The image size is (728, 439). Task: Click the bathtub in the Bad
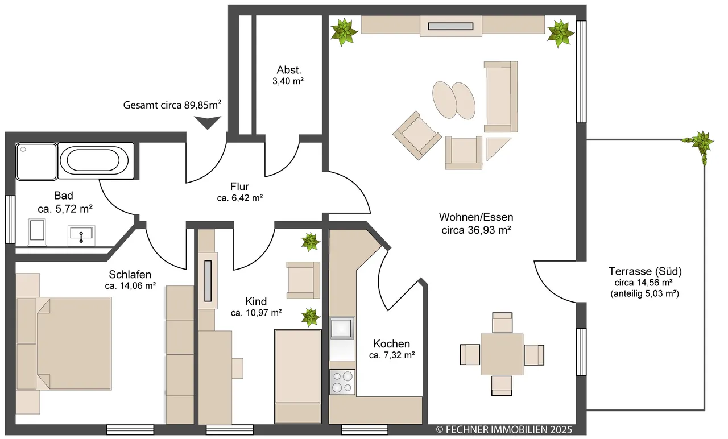pos(96,160)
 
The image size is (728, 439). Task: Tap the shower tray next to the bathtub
pos(36,161)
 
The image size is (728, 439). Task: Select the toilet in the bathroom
pos(37,232)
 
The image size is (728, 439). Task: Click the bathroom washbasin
pos(81,235)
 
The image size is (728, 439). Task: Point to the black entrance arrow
pos(208,123)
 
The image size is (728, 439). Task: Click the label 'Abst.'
pos(289,70)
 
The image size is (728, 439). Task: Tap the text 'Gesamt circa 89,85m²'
pos(172,105)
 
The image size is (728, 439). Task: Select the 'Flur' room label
pos(239,187)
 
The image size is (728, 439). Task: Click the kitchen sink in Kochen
pos(342,328)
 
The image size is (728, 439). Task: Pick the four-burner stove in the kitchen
pos(342,382)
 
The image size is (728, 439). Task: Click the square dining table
pos(502,354)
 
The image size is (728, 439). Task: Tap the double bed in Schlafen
pos(64,343)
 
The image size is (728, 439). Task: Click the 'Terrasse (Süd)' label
pos(645,271)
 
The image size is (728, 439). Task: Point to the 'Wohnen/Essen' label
pos(476,217)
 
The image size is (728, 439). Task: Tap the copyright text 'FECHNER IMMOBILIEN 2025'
pos(508,429)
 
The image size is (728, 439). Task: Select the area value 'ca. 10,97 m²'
pos(256,313)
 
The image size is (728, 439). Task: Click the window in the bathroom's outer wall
pos(10,219)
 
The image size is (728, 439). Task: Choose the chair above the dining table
pos(502,322)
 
